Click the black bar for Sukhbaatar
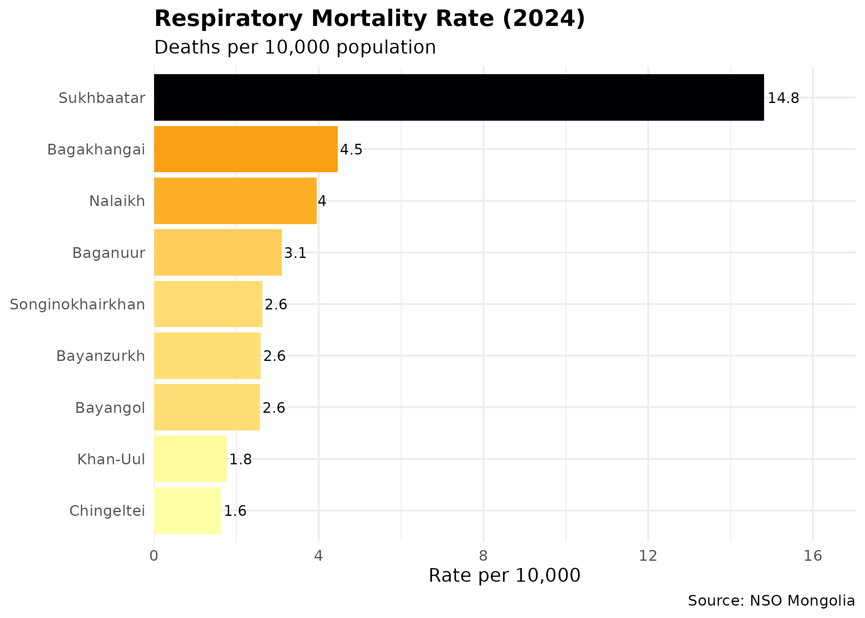tap(459, 98)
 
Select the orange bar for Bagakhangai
tap(246, 149)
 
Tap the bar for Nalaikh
tap(235, 201)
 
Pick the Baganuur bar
tap(218, 253)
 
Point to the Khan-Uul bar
tap(190, 459)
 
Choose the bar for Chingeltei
tap(187, 511)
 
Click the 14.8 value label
tap(783, 98)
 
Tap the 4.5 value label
tap(351, 150)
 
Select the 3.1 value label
tap(295, 253)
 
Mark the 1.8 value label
tap(240, 460)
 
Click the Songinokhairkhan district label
tap(77, 305)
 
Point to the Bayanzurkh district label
tap(101, 356)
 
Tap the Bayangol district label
tap(110, 408)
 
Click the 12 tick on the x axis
tap(648, 557)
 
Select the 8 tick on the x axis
tap(483, 557)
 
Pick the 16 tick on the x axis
tap(813, 557)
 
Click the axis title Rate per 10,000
tap(504, 576)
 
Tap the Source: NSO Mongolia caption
tap(771, 601)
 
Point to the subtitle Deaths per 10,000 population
tap(295, 47)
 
